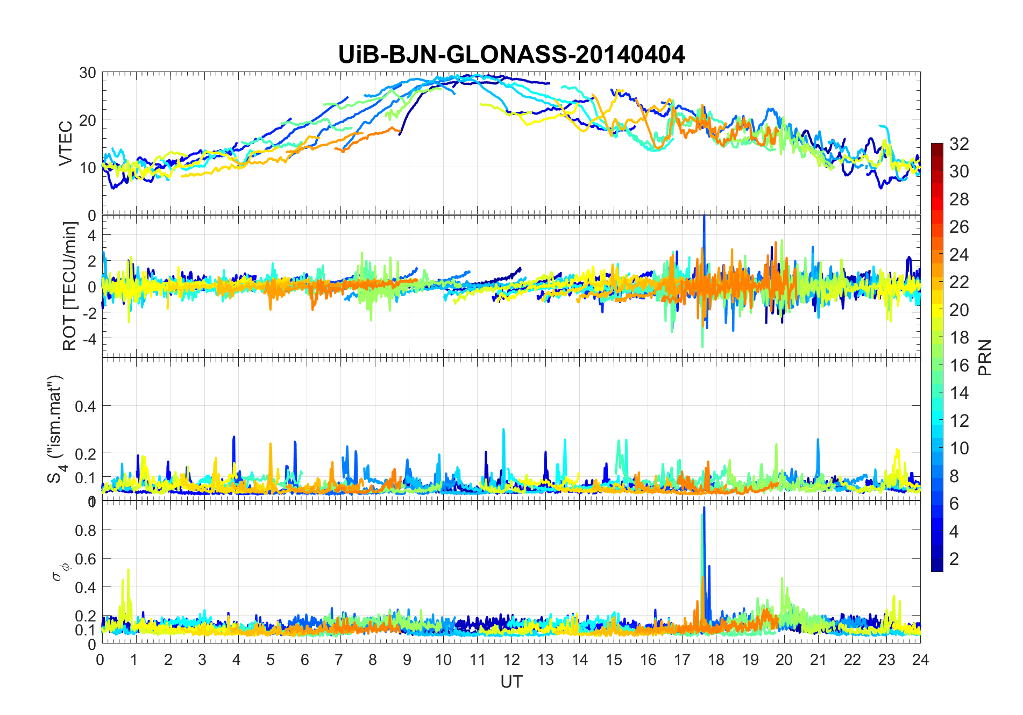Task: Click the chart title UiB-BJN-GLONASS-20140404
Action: tap(511, 55)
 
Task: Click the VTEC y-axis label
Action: tap(66, 144)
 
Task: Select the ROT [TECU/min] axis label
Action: tap(70, 286)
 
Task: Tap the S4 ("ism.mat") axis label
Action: tap(55, 429)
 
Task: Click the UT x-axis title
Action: tap(511, 682)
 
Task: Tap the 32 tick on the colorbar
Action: tap(959, 144)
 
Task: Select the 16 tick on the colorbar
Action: tap(959, 366)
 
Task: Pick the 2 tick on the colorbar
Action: tap(954, 559)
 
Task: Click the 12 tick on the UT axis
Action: tap(511, 660)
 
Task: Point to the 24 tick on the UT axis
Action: tap(920, 660)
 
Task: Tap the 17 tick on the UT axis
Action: tap(682, 660)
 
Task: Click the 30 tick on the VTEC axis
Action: tap(88, 73)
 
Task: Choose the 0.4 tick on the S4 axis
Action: tap(86, 406)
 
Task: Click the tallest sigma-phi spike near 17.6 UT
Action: tap(704, 509)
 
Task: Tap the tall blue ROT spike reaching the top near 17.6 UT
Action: tap(704, 218)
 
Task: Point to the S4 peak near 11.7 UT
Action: tap(503, 430)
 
